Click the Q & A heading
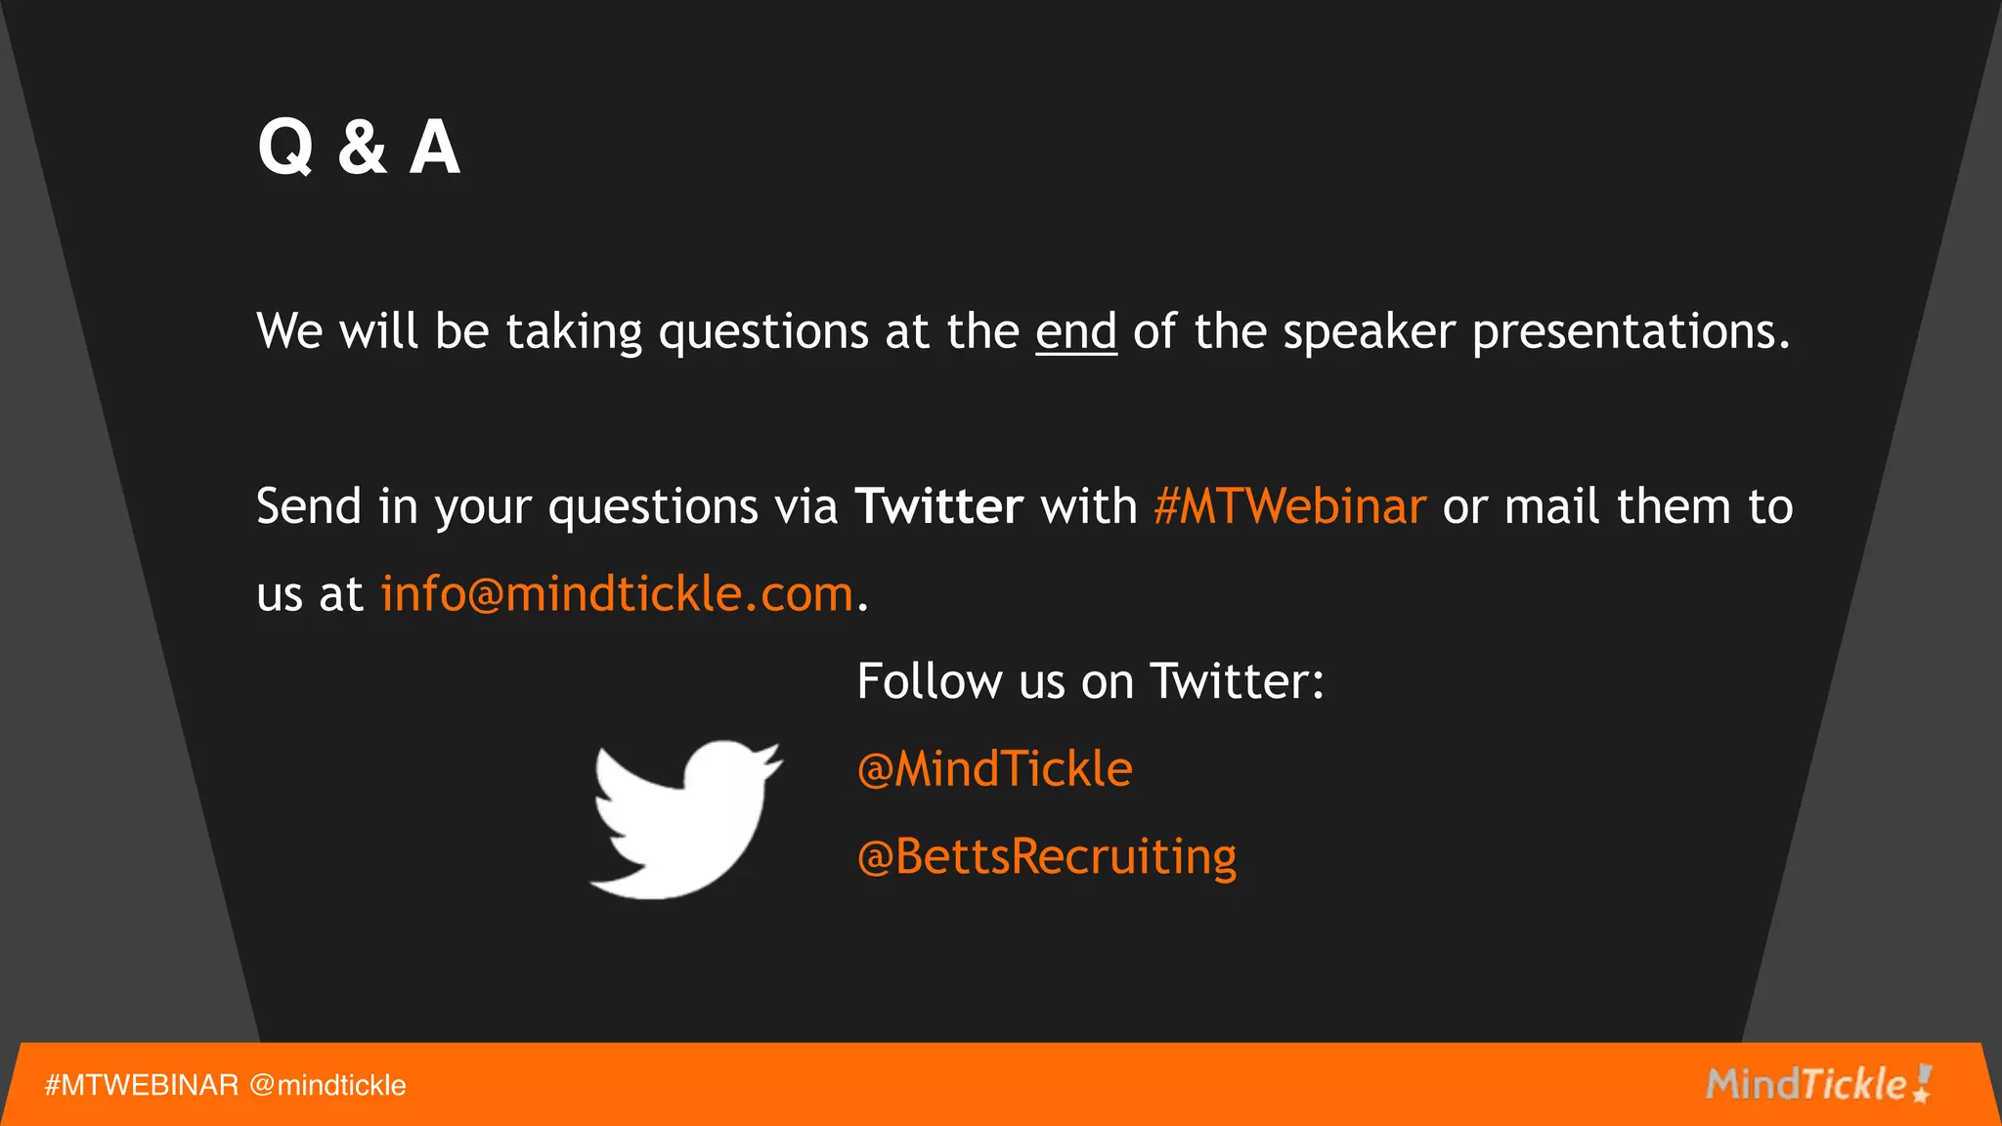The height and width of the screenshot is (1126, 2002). click(359, 148)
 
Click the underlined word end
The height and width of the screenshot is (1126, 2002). click(1075, 331)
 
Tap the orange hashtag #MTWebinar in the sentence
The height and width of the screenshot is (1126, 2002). click(1289, 506)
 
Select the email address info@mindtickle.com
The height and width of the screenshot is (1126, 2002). click(617, 594)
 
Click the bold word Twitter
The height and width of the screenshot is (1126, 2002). click(938, 506)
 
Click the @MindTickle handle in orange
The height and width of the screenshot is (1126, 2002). click(994, 769)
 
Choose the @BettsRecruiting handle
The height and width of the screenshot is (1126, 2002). click(1046, 857)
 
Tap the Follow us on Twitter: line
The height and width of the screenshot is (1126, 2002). click(1090, 681)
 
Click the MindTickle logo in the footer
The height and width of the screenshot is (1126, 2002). click(1817, 1084)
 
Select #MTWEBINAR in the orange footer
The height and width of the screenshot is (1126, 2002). click(142, 1085)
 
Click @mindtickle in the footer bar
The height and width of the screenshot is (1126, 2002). click(327, 1085)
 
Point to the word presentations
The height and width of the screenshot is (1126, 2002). click(1631, 331)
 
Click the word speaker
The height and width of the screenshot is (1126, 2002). click(1369, 331)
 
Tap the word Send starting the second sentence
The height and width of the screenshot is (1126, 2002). click(309, 506)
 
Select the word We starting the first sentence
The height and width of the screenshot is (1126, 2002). click(289, 331)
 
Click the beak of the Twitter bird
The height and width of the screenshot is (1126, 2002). click(773, 758)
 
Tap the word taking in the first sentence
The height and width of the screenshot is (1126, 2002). click(574, 331)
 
